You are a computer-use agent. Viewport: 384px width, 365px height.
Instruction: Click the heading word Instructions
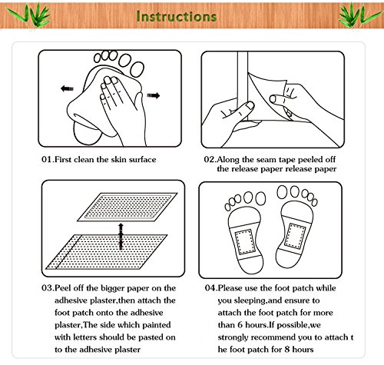[x=177, y=16]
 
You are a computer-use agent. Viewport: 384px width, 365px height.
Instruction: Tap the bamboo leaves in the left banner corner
[x=28, y=15]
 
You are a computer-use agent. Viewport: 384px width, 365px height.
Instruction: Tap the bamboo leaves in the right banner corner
[x=359, y=15]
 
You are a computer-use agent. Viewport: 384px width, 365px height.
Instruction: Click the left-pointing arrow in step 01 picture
[x=67, y=88]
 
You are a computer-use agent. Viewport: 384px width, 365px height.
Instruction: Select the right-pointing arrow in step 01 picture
[x=154, y=95]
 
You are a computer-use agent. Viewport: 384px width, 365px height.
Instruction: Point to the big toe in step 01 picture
[x=137, y=68]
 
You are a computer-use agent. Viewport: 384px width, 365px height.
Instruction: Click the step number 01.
[x=47, y=160]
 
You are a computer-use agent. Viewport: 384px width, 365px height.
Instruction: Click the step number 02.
[x=210, y=159]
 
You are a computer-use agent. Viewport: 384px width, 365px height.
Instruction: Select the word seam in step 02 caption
[x=266, y=160]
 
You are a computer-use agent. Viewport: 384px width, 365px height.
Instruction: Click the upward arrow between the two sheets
[x=121, y=237]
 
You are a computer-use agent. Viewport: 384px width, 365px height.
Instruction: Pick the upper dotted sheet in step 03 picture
[x=127, y=207]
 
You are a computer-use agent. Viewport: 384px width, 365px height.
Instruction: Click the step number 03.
[x=47, y=288]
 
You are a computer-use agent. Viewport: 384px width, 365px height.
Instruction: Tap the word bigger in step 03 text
[x=113, y=288]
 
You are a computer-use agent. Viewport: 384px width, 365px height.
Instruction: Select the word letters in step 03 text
[x=85, y=337]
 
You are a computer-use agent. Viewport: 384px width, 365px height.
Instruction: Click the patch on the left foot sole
[x=244, y=241]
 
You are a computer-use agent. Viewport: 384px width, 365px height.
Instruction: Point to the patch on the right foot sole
[x=295, y=236]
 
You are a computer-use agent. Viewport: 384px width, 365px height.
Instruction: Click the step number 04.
[x=210, y=288]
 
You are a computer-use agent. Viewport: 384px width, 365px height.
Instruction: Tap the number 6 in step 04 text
[x=240, y=325]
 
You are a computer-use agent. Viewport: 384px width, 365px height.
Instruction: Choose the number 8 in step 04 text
[x=287, y=349]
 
